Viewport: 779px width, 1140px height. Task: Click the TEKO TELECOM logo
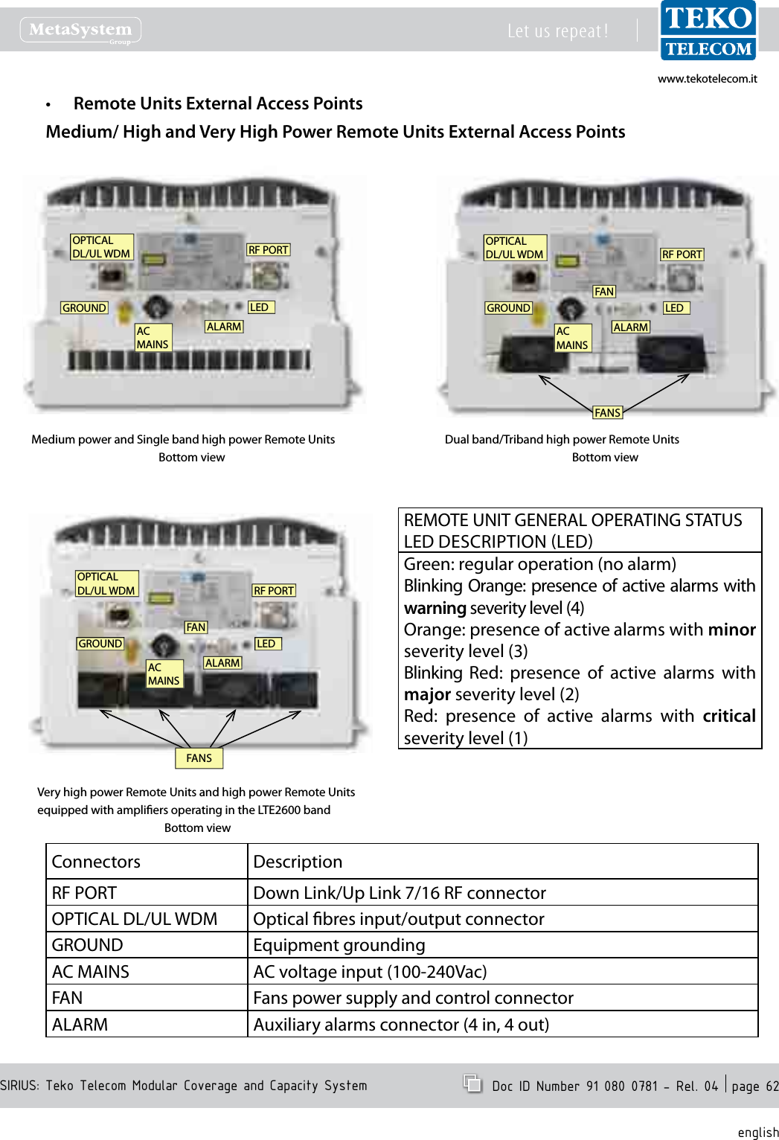708,31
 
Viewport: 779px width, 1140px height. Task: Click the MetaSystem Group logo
80,31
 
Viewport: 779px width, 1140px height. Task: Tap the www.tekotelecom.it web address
707,79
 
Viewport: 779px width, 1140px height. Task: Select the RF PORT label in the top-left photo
268,250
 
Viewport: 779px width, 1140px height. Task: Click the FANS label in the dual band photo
607,413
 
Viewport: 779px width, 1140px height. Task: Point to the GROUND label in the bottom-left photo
100,644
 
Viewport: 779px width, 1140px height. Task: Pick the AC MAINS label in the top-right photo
572,338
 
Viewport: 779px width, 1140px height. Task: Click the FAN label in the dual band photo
604,292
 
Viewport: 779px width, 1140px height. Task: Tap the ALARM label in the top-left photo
224,327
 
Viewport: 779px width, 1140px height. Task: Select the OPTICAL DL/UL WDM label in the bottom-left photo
106,583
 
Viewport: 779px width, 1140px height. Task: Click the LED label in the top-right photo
674,308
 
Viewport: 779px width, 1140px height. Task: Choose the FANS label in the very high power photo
199,758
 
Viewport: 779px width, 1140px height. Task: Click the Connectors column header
96,862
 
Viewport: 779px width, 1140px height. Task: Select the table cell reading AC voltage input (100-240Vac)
370,972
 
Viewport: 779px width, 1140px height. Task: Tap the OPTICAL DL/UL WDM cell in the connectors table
135,919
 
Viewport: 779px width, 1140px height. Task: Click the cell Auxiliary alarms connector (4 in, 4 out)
401,1025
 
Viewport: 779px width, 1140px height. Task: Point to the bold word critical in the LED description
728,716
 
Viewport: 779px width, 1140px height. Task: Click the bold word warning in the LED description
435,608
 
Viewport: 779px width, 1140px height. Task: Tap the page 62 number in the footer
754,1086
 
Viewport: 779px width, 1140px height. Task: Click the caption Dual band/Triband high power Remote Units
562,440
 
